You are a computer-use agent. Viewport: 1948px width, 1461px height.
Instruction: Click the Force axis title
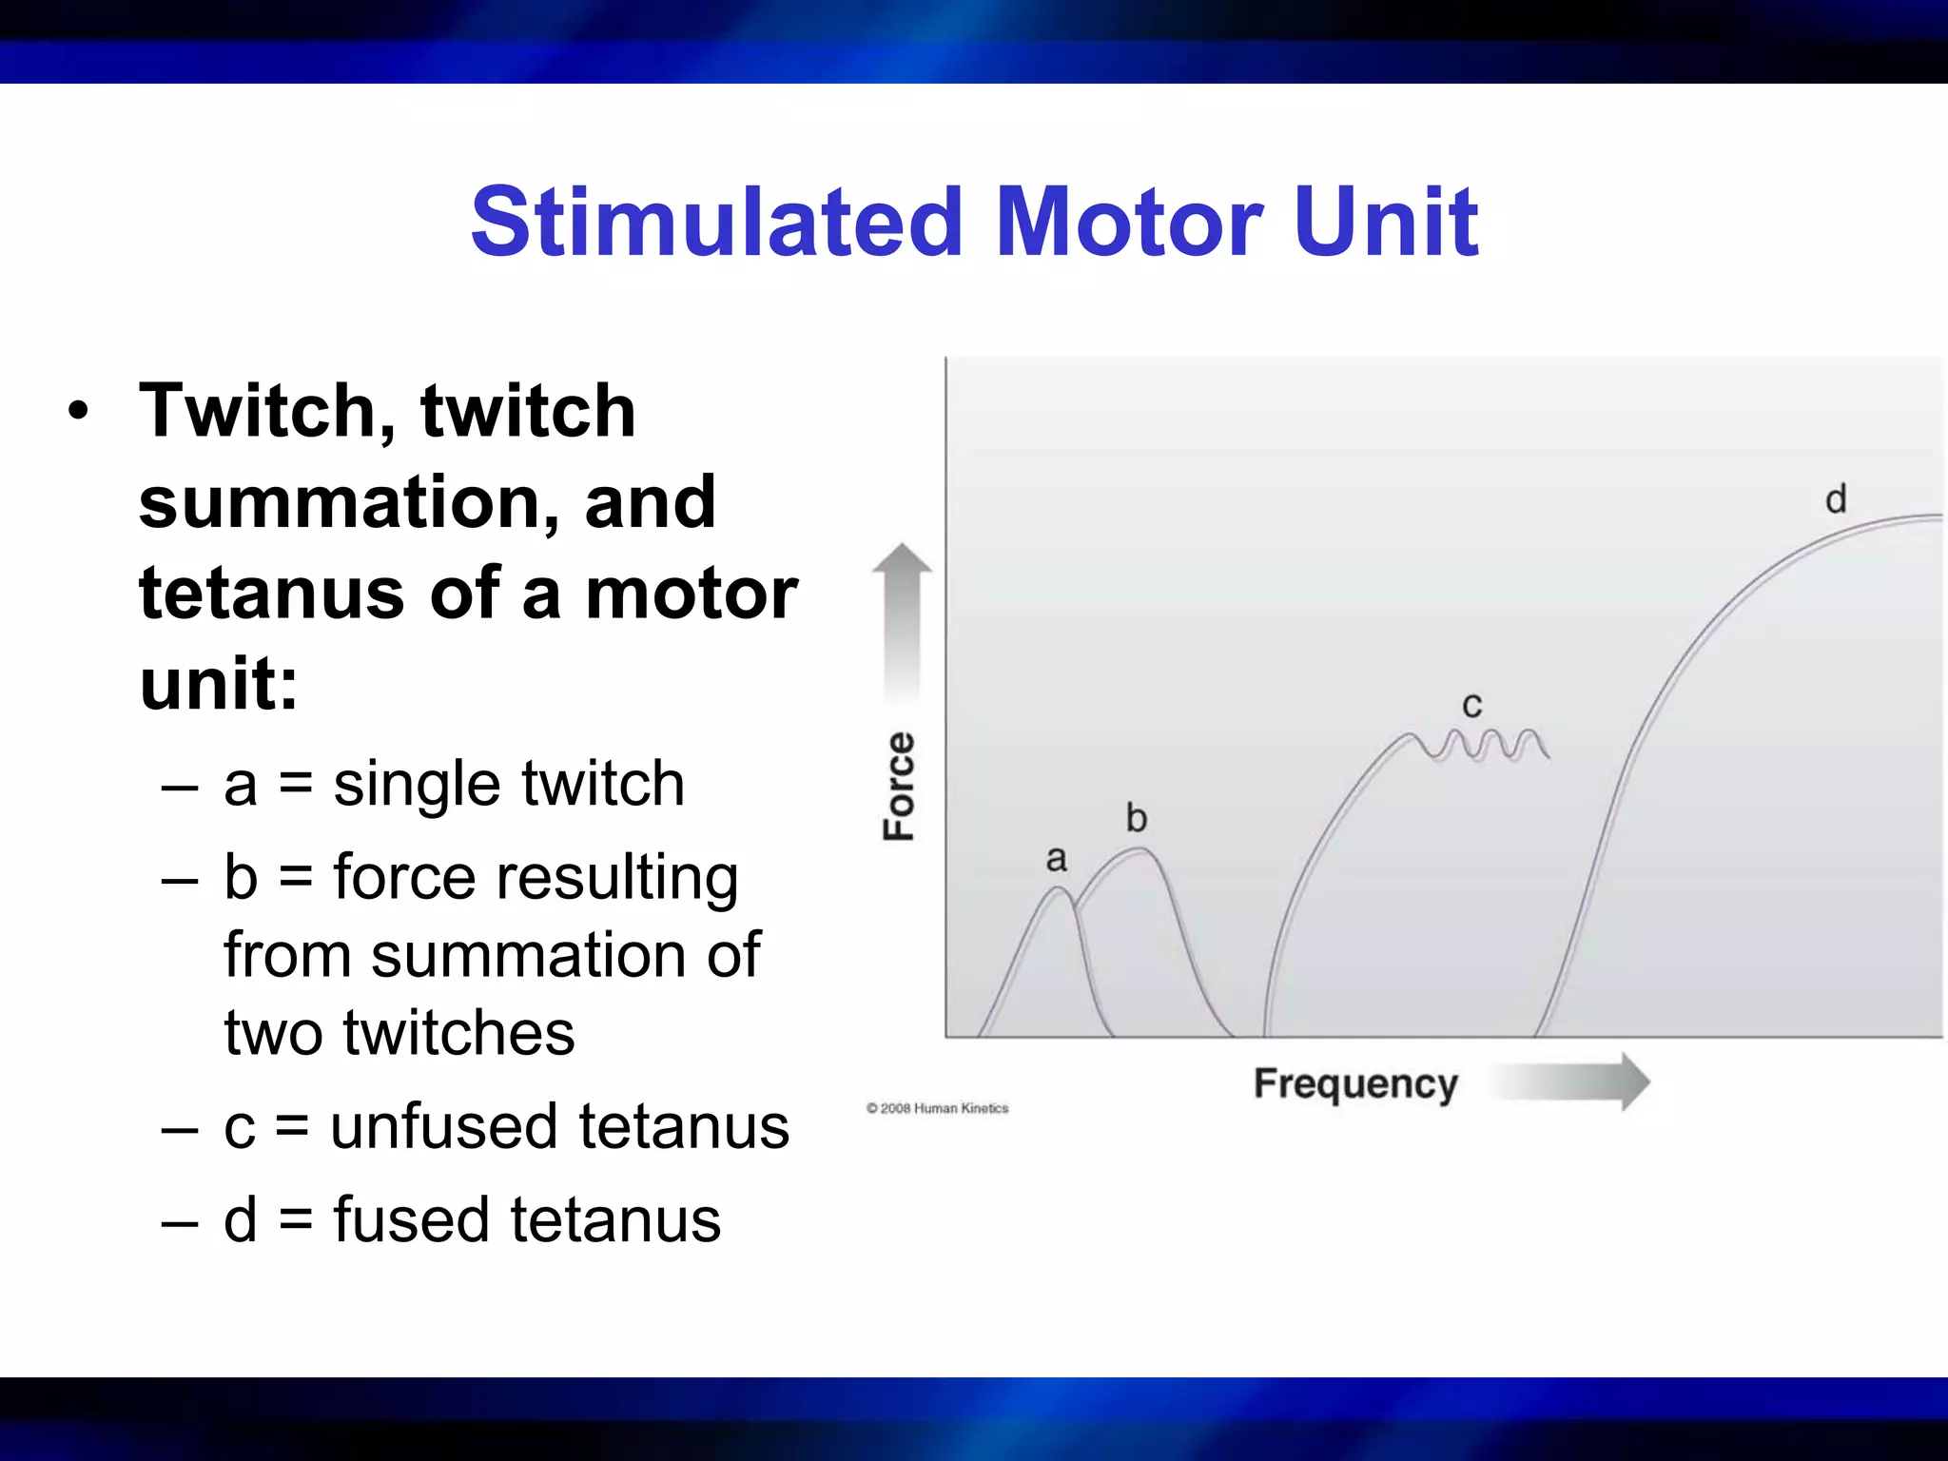tap(899, 786)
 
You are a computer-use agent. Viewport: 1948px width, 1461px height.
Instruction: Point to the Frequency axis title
tap(1355, 1083)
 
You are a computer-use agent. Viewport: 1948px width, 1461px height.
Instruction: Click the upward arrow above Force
tap(902, 618)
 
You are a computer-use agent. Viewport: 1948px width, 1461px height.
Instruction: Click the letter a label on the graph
tap(1056, 859)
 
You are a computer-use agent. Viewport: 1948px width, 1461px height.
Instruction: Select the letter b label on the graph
tap(1136, 818)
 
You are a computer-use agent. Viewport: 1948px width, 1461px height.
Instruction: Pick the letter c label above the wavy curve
tap(1471, 705)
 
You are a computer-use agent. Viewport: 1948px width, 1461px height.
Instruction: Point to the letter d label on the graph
tap(1836, 499)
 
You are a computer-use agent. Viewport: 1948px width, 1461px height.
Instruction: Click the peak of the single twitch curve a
tap(1058, 889)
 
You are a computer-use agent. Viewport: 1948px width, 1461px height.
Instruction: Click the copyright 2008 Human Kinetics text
tap(937, 1108)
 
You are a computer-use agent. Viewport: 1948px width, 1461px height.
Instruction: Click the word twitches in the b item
tap(458, 1033)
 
